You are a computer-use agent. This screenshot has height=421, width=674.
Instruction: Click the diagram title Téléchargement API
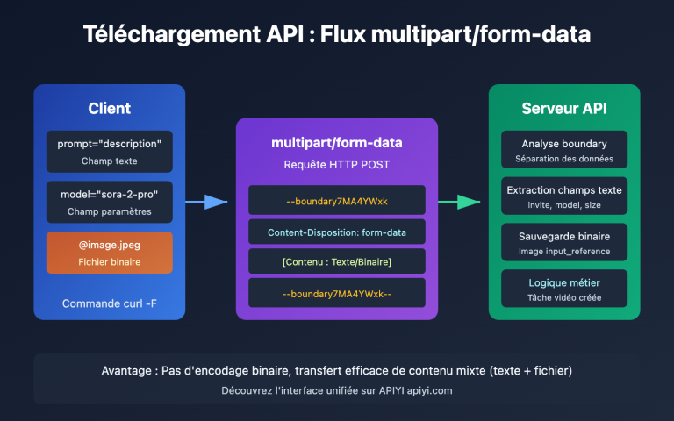tap(336, 36)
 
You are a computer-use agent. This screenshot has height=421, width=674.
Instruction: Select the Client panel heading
tap(110, 109)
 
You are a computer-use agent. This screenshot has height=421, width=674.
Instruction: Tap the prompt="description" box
tap(110, 151)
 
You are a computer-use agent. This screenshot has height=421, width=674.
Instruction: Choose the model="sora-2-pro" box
tap(110, 202)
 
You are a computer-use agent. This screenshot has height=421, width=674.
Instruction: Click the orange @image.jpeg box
tap(110, 252)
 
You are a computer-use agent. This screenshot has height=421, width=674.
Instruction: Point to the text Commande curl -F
tap(110, 303)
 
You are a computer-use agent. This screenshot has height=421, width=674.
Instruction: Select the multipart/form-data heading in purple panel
tap(336, 143)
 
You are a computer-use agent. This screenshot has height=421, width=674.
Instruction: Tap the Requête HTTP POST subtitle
tap(336, 164)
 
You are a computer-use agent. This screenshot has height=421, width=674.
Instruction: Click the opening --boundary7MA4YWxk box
tap(336, 200)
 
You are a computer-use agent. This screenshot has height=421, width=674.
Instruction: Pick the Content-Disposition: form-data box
tap(336, 232)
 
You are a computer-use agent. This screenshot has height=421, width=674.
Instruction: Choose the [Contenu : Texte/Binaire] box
tap(336, 262)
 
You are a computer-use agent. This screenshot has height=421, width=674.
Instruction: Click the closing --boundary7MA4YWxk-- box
tap(336, 293)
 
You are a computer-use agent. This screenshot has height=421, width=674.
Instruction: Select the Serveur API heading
tap(564, 109)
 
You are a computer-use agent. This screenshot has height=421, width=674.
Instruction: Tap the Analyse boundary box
tap(564, 151)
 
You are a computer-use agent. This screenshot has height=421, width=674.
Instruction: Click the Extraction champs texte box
tap(564, 196)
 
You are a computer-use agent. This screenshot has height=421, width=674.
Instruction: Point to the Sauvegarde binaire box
tap(564, 243)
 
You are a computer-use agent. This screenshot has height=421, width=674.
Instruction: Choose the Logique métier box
tap(564, 289)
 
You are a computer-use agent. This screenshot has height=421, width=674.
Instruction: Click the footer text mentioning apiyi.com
tap(336, 390)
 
